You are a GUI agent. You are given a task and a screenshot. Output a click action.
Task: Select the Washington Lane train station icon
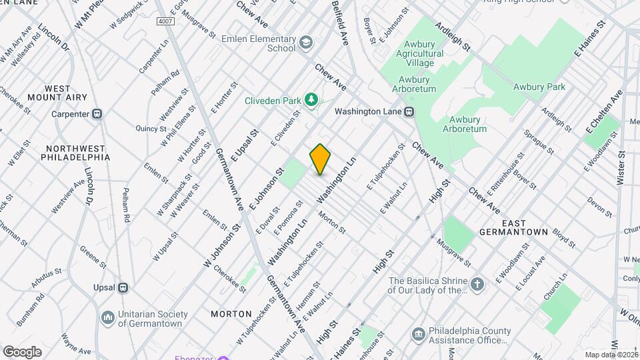409,112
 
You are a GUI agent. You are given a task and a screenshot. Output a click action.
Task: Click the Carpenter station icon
97,114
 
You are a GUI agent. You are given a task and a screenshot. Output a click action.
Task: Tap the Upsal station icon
123,287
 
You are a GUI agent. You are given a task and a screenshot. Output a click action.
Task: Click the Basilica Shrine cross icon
477,285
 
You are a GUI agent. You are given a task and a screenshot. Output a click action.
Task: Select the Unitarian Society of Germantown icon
107,318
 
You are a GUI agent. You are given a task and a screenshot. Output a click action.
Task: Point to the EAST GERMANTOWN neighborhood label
513,227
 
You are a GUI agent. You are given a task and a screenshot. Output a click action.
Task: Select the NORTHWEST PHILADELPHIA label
75,153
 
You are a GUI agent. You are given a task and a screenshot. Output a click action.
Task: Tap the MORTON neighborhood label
231,313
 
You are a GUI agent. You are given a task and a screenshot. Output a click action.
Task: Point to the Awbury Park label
539,87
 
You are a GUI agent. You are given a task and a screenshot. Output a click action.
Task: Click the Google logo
22,351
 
